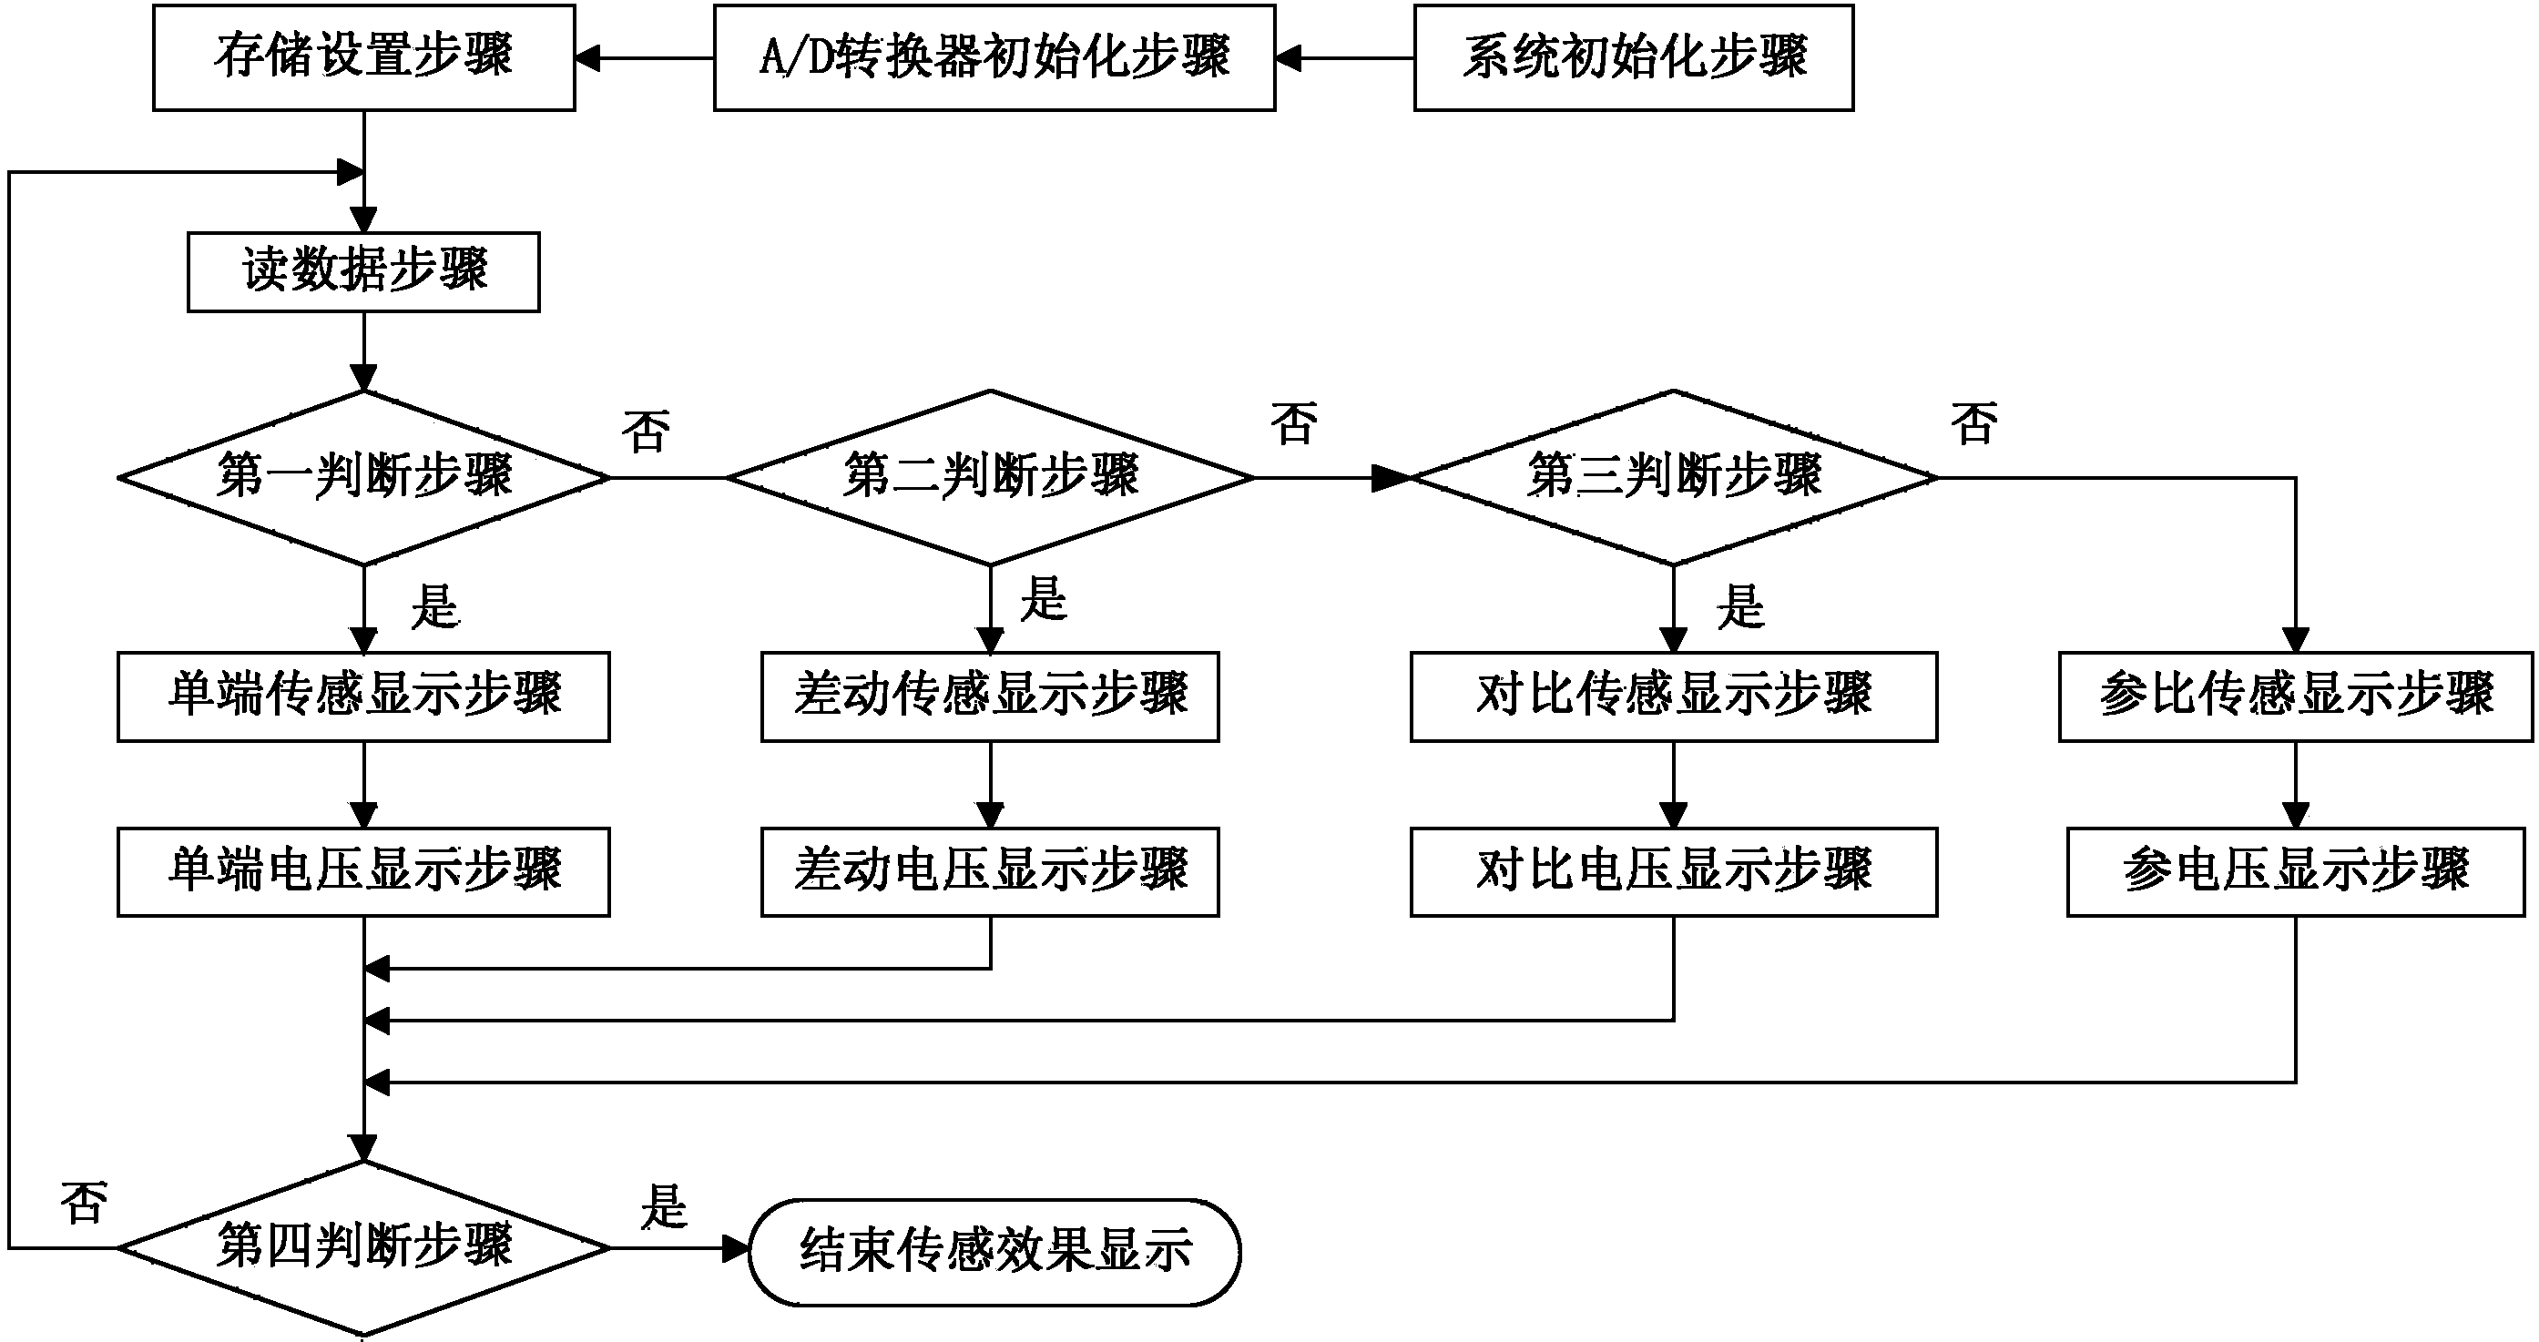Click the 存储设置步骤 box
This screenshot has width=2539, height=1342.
[x=363, y=57]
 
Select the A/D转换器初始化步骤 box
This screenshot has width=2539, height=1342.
[x=994, y=57]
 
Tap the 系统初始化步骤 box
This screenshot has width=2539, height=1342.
[x=1633, y=57]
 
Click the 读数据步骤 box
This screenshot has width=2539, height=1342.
[x=363, y=272]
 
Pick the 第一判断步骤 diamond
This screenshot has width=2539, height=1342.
[x=363, y=478]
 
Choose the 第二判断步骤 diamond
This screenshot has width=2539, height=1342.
[x=991, y=478]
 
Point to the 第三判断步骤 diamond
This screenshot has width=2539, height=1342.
[x=1674, y=478]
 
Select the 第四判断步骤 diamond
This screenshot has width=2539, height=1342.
[x=363, y=1247]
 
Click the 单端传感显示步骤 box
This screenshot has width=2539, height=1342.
[x=363, y=696]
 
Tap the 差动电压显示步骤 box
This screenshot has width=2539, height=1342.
[x=990, y=871]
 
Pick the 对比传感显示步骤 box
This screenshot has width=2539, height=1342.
[x=1674, y=696]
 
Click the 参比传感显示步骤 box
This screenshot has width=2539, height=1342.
[x=2296, y=696]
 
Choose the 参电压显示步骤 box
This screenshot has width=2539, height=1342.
[x=2296, y=871]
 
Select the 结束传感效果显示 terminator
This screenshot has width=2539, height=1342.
[x=994, y=1251]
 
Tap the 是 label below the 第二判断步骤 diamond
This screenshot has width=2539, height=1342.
[x=1044, y=599]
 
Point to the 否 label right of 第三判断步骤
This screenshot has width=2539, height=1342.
[x=1974, y=423]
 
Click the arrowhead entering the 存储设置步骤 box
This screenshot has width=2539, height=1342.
[x=588, y=58]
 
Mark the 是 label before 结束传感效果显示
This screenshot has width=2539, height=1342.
[x=663, y=1207]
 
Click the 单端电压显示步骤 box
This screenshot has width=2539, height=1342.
[x=363, y=871]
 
